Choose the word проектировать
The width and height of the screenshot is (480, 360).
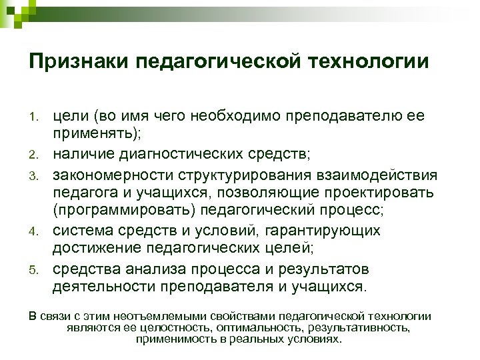(x=379, y=193)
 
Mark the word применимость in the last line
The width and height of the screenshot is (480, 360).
(x=169, y=339)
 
